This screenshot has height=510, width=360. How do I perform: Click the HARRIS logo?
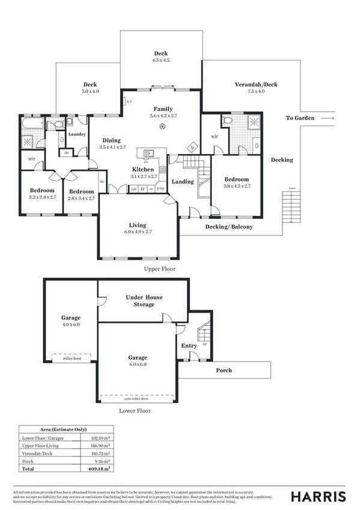(318, 496)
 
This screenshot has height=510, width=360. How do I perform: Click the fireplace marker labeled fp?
(193, 147)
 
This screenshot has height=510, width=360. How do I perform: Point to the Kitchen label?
(143, 170)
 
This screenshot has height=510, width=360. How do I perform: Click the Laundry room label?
(76, 134)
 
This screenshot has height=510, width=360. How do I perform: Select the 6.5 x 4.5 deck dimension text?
(161, 60)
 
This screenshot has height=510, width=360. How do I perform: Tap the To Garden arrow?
(327, 118)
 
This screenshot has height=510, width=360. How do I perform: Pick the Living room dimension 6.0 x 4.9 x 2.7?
(139, 232)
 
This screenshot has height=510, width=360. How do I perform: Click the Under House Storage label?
(144, 301)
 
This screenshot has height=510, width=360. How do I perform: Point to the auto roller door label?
(136, 399)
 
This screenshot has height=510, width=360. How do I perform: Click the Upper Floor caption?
(160, 269)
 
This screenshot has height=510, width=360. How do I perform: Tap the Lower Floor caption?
(135, 411)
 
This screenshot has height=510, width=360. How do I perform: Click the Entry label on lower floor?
(189, 346)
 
